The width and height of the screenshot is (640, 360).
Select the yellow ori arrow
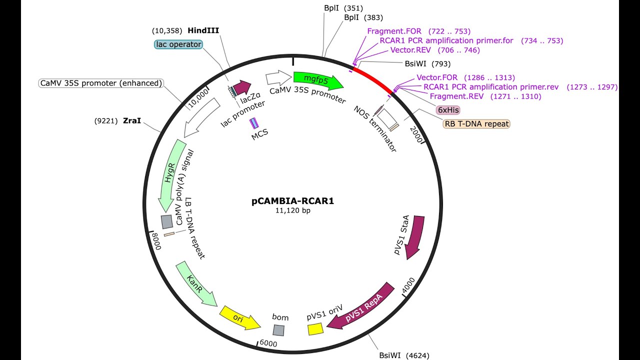click(239, 318)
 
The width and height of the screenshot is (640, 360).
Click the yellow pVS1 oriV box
click(315, 329)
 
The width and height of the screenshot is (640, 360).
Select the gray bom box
click(278, 330)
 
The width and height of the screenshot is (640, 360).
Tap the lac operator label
click(178, 44)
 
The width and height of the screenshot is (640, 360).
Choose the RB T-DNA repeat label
click(476, 123)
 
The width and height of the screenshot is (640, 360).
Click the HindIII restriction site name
click(203, 30)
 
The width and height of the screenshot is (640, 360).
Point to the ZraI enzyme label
click(132, 120)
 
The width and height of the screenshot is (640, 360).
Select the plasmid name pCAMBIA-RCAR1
click(292, 201)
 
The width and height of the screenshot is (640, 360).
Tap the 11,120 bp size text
click(292, 211)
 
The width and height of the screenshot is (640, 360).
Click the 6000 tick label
click(268, 344)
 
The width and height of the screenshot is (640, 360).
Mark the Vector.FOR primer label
click(436, 77)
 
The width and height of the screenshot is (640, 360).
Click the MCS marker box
click(254, 123)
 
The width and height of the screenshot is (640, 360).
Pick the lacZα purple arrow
click(242, 88)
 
